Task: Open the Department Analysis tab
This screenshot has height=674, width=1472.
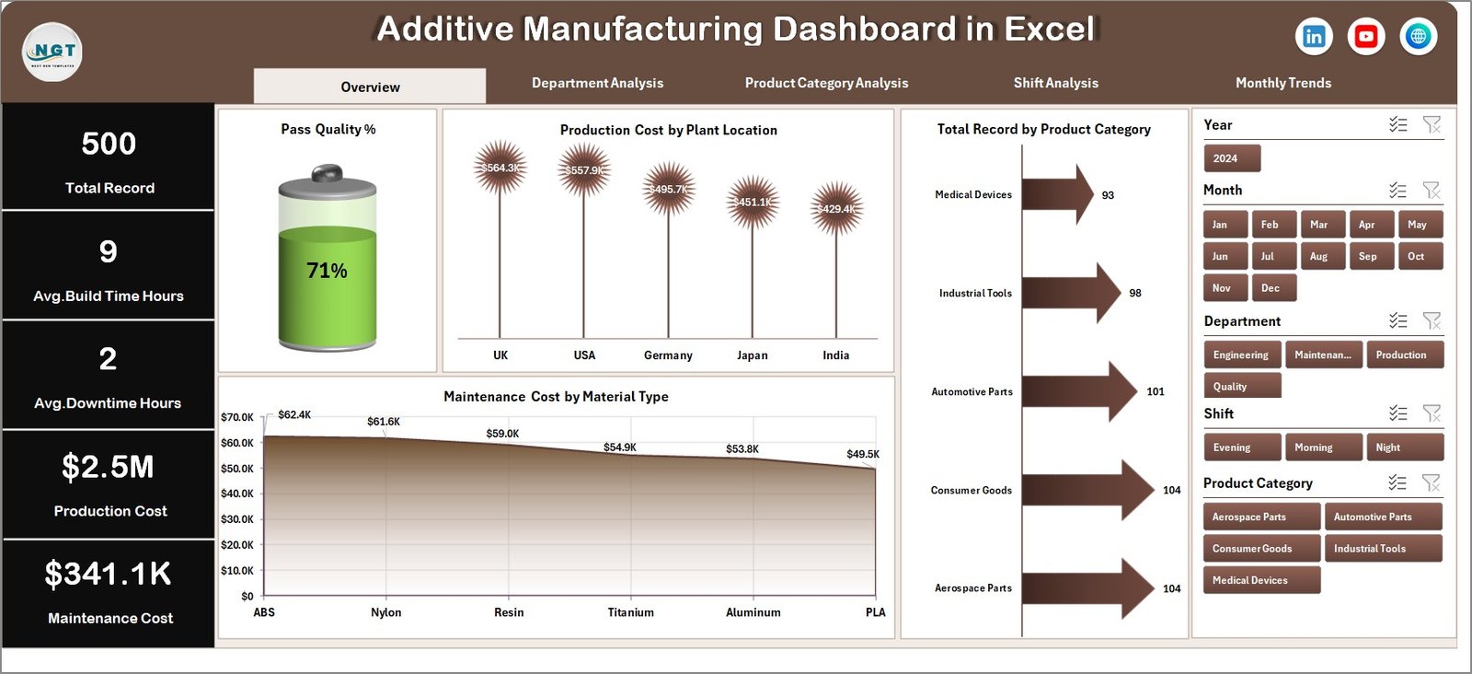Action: pos(597,83)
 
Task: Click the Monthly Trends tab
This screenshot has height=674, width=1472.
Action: pos(1282,83)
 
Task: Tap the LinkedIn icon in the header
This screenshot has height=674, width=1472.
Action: pos(1314,37)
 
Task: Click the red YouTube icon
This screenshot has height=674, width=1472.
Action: pos(1366,37)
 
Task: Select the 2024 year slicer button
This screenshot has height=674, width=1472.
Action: pos(1231,158)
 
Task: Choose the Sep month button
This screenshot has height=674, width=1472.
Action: pos(1367,257)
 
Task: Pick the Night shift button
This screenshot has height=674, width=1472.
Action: pos(1404,447)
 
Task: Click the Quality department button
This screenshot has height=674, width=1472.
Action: pos(1241,387)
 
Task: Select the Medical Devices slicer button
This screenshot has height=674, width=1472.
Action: pos(1260,580)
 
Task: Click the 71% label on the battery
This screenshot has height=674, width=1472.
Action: pos(327,271)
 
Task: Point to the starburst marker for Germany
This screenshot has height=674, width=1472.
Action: pos(669,189)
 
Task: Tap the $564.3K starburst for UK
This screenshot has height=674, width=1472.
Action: pos(500,168)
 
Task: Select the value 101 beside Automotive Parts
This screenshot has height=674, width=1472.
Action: pos(1156,391)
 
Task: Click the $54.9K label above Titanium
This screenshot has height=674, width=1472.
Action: pos(619,447)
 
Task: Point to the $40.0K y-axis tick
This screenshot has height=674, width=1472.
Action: pos(237,494)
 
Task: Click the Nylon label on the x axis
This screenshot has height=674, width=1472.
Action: pos(386,612)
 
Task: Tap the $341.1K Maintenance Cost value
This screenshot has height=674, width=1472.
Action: pos(109,575)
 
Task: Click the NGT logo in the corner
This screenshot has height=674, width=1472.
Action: pos(52,52)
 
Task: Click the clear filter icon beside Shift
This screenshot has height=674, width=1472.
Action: pos(1432,413)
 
